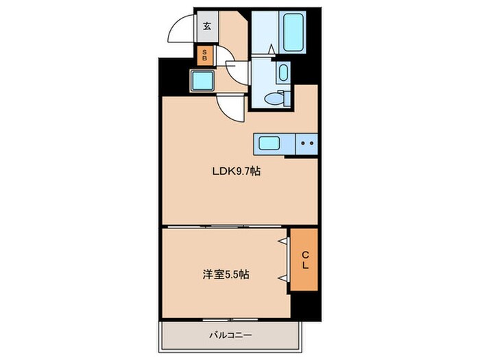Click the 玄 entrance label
[206, 27]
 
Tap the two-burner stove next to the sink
[307, 144]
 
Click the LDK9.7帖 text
[235, 172]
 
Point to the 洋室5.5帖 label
[226, 274]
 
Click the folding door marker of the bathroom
[272, 49]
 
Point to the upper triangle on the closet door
[282, 241]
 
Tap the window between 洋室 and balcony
[230, 320]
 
